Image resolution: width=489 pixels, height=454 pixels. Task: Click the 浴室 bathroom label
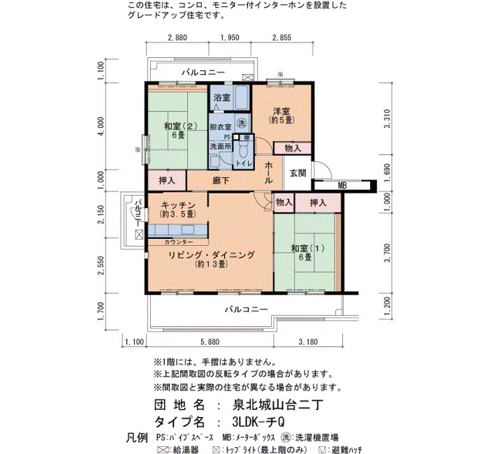(221, 98)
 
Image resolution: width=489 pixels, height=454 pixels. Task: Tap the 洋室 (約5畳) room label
(282, 115)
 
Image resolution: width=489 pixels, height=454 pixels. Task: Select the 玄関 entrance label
(298, 173)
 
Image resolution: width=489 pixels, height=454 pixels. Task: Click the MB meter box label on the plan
(342, 186)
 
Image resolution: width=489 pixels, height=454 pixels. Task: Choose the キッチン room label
(178, 205)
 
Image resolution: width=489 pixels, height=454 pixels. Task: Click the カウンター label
(179, 242)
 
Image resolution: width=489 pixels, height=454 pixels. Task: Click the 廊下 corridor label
(221, 180)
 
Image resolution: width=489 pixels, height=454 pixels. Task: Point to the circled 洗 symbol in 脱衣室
(242, 123)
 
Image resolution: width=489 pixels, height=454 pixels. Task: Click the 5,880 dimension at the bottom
(210, 342)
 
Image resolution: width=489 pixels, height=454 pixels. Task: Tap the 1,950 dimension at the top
(230, 38)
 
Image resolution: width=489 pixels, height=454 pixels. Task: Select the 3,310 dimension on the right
(387, 119)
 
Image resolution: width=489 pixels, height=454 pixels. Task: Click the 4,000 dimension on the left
(101, 126)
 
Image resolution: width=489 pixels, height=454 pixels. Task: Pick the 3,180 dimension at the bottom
(308, 342)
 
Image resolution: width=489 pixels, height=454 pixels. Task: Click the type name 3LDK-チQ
(258, 422)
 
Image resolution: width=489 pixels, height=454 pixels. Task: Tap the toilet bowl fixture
(242, 151)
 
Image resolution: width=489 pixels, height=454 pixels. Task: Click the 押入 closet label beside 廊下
(167, 180)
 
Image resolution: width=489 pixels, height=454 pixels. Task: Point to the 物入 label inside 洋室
(293, 148)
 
